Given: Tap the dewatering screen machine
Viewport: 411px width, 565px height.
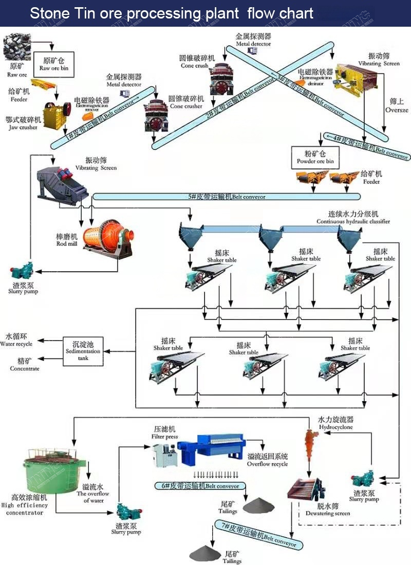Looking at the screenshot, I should (307, 493).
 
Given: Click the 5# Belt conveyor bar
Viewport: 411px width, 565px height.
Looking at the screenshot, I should (226, 196).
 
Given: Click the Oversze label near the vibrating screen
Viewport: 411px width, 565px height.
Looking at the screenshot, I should (397, 110).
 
